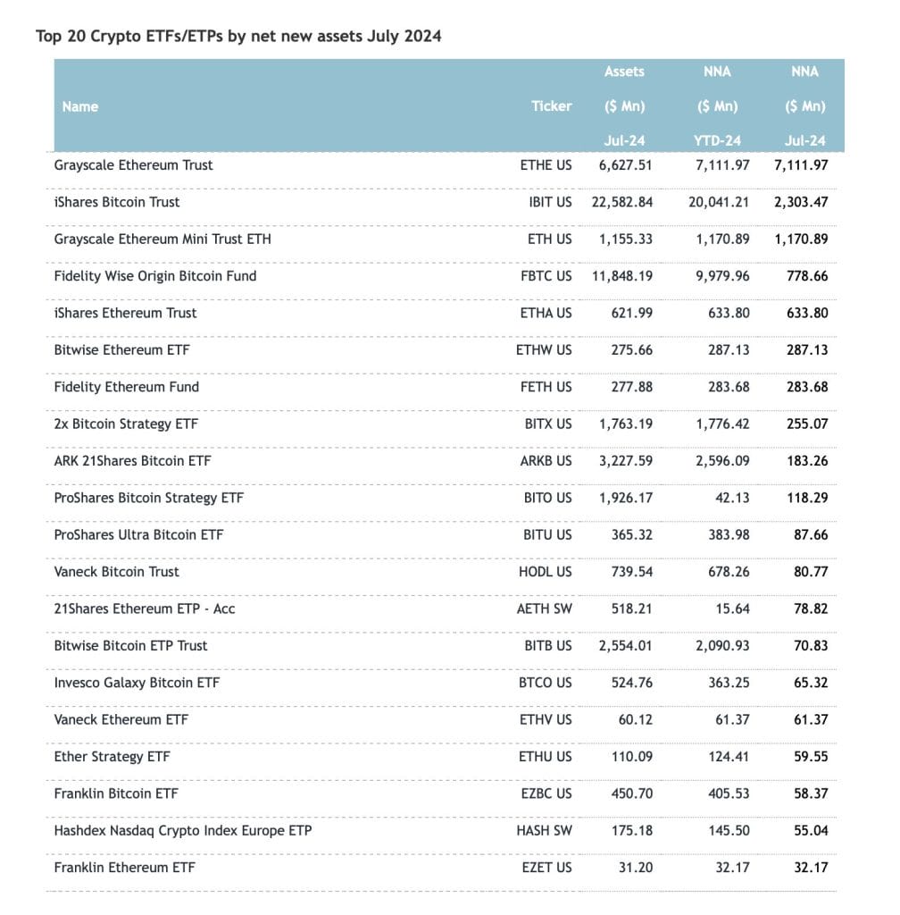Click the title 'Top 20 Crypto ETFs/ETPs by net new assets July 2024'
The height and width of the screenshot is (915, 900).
(238, 37)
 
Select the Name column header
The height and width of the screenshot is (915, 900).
(80, 106)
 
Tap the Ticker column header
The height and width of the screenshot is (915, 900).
(551, 106)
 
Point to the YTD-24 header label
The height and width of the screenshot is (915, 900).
(717, 140)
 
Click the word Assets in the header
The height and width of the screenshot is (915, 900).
(624, 71)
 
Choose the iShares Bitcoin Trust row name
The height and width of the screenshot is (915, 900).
(116, 202)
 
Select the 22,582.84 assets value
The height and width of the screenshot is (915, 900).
(622, 202)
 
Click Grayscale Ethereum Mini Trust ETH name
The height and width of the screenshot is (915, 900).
(162, 239)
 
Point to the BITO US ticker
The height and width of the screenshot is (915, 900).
(548, 498)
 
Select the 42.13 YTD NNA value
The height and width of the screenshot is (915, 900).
(730, 498)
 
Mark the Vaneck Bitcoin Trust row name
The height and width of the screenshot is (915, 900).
(116, 572)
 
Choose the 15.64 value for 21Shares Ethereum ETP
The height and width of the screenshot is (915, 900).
(730, 609)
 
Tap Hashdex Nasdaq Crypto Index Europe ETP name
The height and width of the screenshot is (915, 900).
(183, 830)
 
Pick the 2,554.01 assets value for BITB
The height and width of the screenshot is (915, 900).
(626, 646)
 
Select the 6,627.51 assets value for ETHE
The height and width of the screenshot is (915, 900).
(626, 165)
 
